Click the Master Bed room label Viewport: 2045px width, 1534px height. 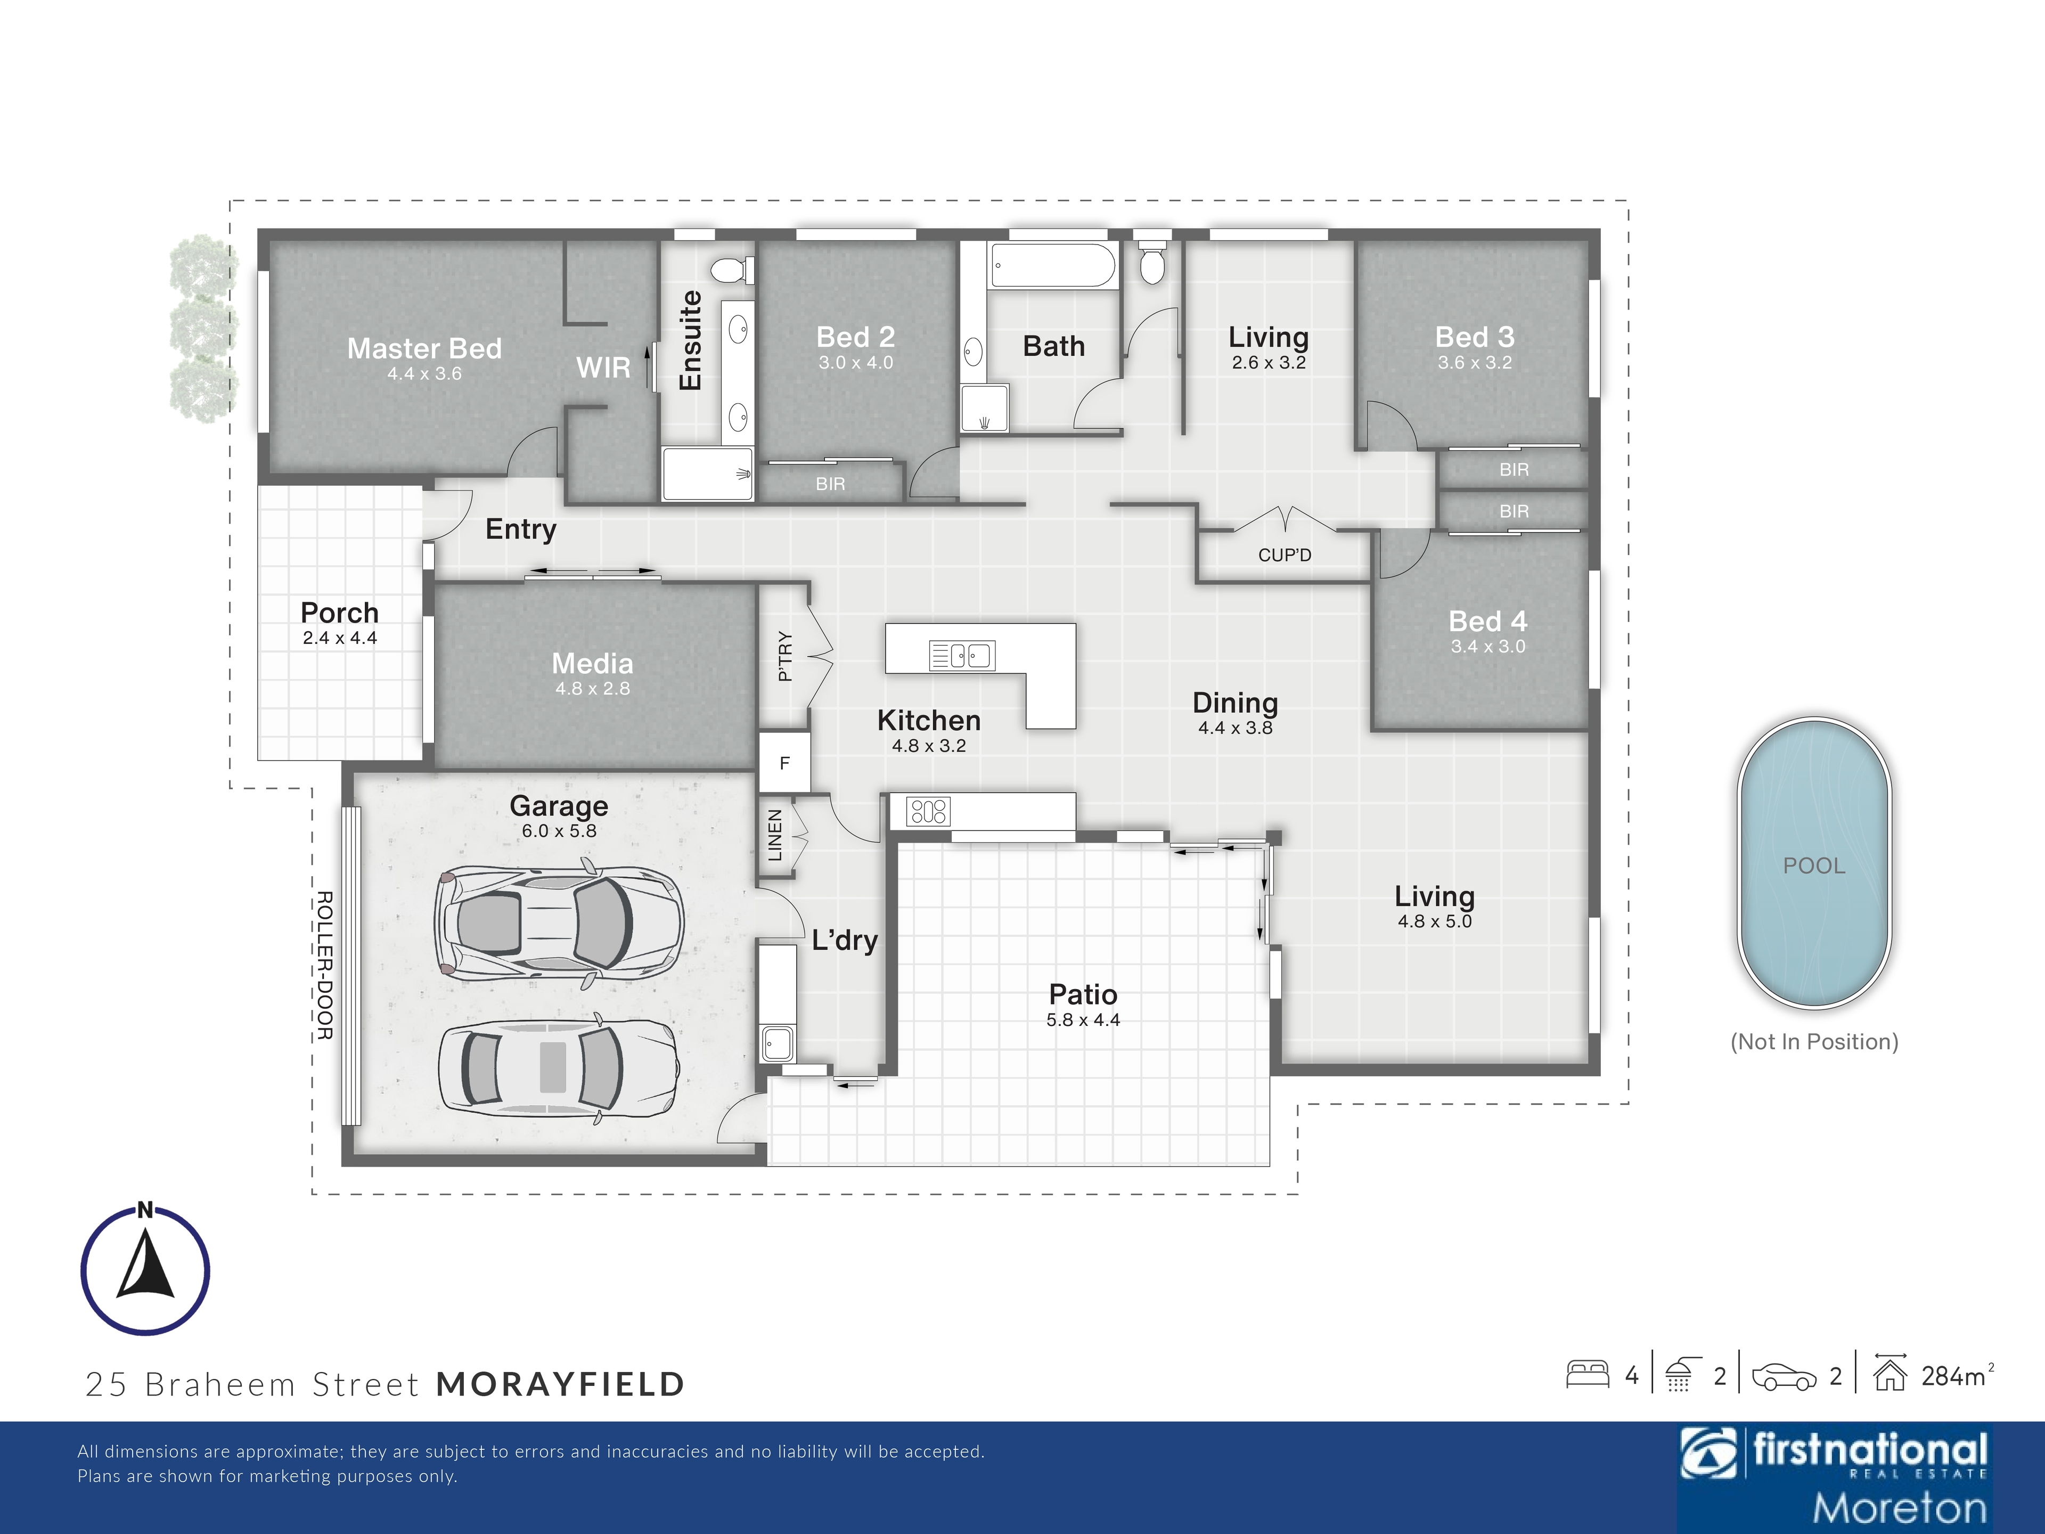click(424, 348)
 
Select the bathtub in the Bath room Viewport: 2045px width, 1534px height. click(1052, 265)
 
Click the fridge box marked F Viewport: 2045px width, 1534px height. click(785, 763)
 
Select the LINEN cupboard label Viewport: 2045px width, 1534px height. click(775, 835)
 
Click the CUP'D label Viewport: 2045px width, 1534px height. click(1284, 555)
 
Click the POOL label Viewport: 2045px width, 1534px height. click(1814, 866)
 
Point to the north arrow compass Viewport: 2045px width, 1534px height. click(145, 1270)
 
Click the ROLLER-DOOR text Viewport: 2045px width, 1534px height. click(324, 965)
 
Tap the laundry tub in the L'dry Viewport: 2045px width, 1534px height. click(776, 1044)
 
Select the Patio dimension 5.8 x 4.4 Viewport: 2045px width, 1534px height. click(1083, 1020)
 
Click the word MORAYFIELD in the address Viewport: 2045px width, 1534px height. click(560, 1384)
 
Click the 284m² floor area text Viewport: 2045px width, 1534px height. click(1957, 1376)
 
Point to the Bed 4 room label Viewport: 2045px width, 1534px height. click(1487, 622)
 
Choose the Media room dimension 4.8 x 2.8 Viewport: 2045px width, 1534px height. click(593, 689)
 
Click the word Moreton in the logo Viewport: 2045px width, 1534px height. click(1900, 1507)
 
